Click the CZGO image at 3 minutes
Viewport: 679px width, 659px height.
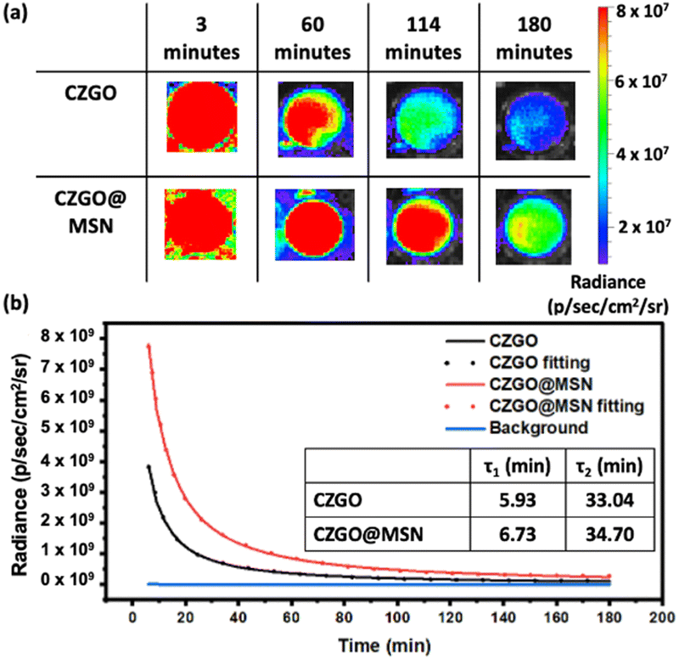click(202, 116)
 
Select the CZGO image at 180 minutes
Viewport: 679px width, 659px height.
click(536, 121)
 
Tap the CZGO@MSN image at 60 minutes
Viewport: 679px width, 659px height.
click(315, 224)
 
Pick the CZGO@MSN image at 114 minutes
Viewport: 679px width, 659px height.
click(424, 226)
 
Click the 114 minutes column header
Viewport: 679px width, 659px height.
click(423, 38)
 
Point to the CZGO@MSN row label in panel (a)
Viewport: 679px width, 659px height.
click(91, 211)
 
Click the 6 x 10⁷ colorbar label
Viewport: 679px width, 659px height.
click(641, 81)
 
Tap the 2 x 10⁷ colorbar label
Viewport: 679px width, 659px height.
click(643, 226)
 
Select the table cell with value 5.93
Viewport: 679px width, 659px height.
click(518, 500)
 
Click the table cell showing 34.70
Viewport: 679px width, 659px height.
click(609, 534)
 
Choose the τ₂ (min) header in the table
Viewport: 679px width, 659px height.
click(609, 466)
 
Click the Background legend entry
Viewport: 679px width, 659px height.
click(517, 428)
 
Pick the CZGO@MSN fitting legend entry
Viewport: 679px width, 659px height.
click(544, 406)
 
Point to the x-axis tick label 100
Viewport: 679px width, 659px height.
click(397, 617)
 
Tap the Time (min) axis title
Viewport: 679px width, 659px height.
click(384, 645)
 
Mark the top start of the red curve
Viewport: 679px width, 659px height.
click(149, 346)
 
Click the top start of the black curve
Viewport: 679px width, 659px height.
click(149, 466)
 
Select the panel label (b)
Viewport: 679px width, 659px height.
click(15, 304)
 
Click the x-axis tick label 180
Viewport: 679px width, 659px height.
click(609, 617)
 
